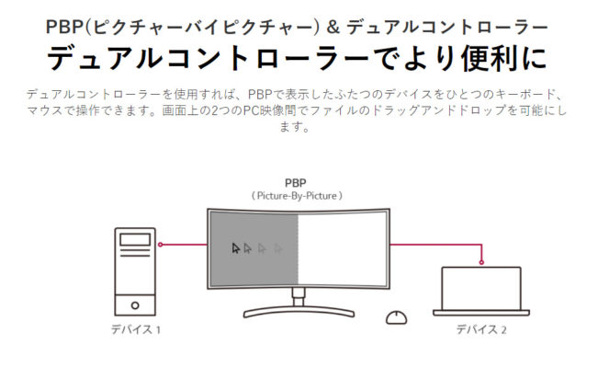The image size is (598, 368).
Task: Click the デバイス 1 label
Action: pyautogui.click(x=136, y=329)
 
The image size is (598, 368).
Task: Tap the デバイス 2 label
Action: pyautogui.click(x=481, y=329)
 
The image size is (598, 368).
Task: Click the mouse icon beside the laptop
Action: pyautogui.click(x=396, y=317)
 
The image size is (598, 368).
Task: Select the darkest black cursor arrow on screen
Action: pyautogui.click(x=236, y=248)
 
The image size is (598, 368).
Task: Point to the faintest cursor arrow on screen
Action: pyautogui.click(x=278, y=248)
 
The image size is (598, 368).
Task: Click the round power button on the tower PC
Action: pyautogui.click(x=135, y=305)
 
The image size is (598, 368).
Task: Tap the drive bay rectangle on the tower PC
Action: pyautogui.click(x=135, y=239)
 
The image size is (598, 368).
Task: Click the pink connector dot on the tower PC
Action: pyautogui.click(x=161, y=245)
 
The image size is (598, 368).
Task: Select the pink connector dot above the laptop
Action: pyautogui.click(x=481, y=262)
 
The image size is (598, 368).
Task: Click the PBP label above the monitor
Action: pyautogui.click(x=296, y=183)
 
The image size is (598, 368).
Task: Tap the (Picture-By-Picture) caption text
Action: pyautogui.click(x=297, y=196)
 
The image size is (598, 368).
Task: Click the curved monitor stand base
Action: pyautogui.click(x=299, y=312)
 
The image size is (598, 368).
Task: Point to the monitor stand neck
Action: pyautogui.click(x=299, y=297)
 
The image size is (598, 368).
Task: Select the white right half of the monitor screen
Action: pyautogui.click(x=343, y=248)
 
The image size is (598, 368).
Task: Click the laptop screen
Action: pyautogui.click(x=481, y=289)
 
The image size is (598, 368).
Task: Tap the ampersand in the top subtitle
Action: pyautogui.click(x=333, y=28)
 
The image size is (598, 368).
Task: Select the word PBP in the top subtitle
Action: pyautogui.click(x=65, y=28)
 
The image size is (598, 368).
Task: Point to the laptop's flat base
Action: pyautogui.click(x=481, y=313)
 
